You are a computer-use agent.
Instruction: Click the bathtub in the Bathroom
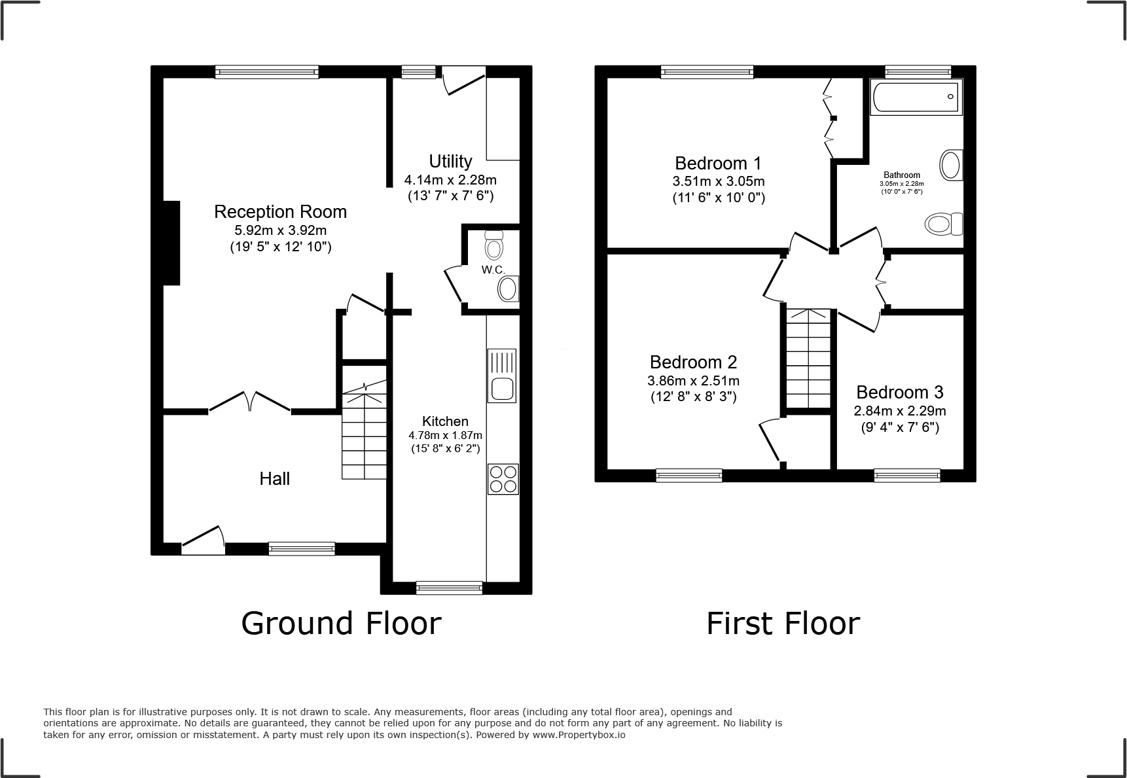[916, 98]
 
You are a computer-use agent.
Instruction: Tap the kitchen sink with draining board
[502, 376]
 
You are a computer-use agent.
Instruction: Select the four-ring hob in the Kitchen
[503, 479]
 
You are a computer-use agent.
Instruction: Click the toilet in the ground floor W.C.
[494, 245]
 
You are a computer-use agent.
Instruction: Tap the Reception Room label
[280, 212]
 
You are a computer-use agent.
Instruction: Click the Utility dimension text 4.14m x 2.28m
[450, 180]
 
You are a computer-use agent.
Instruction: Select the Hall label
[274, 479]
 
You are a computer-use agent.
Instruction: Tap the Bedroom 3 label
[899, 393]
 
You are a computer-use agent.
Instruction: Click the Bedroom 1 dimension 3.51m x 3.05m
[718, 181]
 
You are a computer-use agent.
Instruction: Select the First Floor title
[783, 624]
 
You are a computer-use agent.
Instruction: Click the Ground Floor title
[341, 624]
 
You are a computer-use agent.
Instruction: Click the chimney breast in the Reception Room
[171, 243]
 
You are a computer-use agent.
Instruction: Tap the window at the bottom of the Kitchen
[450, 588]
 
